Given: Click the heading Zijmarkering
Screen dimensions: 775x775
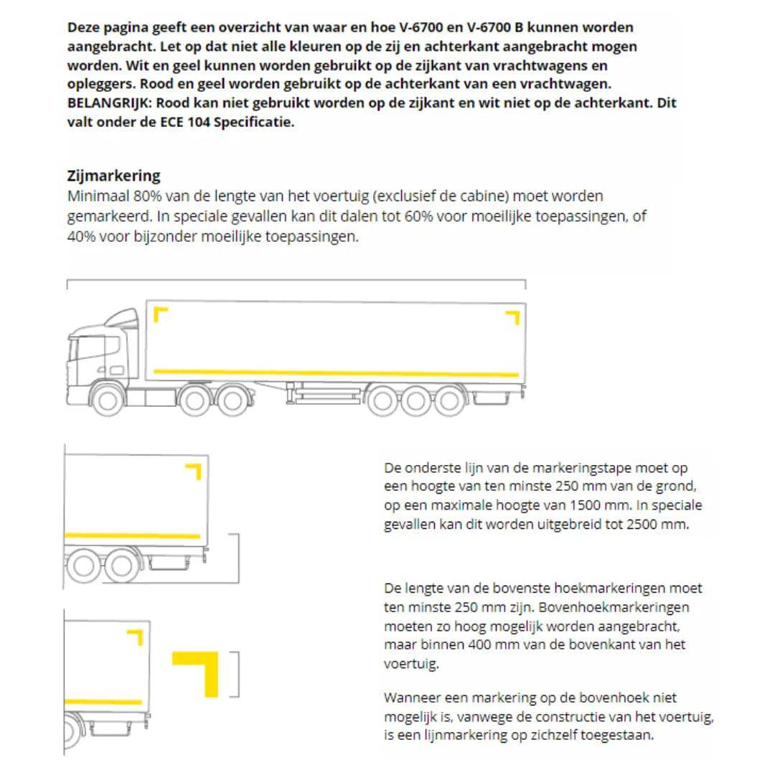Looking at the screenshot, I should pos(113,176).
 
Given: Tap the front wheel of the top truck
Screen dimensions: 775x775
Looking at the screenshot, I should pos(108,400).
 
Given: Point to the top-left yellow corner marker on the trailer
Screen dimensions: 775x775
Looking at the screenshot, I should pos(160,314).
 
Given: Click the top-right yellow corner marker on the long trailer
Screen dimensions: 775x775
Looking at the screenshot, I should pos(512,316).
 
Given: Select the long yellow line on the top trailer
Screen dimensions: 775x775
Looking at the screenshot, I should pos(336,372).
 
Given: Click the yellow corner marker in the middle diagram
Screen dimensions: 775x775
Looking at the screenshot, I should pos(194,471).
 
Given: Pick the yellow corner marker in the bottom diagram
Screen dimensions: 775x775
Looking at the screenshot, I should pos(136,636).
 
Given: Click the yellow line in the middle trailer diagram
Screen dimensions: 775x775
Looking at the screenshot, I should pos(132,536).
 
